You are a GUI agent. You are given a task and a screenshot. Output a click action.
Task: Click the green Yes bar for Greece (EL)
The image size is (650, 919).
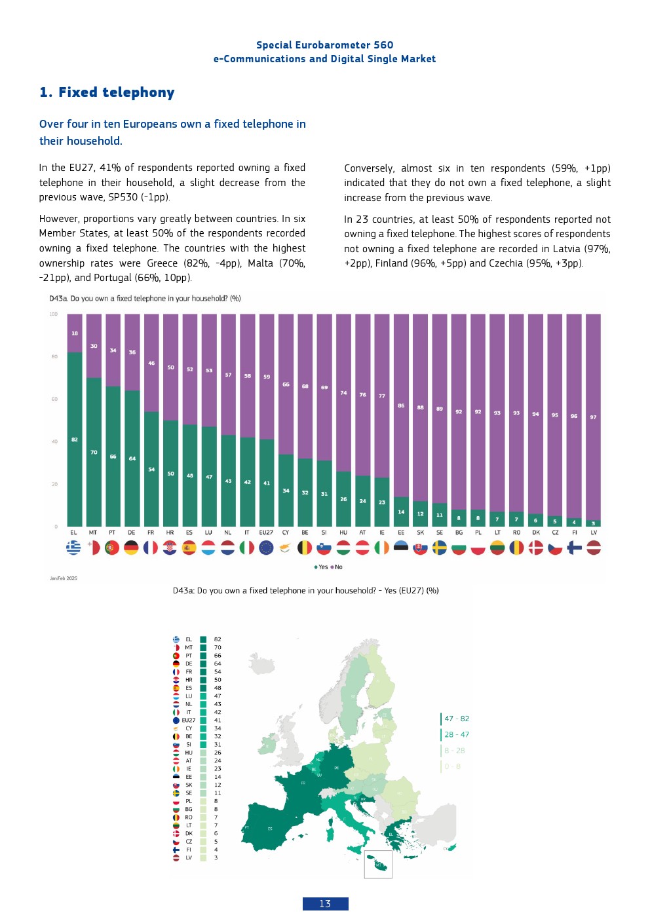coord(75,439)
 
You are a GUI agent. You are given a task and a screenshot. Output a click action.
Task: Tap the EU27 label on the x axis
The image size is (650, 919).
coord(266,533)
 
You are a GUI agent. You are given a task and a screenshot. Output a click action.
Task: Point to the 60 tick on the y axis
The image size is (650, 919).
coord(54,399)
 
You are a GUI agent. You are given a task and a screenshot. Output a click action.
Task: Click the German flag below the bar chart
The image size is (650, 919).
coord(132,548)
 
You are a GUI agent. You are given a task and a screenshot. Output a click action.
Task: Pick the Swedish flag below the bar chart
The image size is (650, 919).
coord(440,548)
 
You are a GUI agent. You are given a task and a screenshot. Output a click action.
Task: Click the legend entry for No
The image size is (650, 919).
coord(337,567)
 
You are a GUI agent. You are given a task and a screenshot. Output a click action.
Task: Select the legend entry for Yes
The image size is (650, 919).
coord(322,567)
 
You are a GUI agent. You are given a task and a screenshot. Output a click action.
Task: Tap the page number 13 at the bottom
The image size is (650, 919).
coord(325,904)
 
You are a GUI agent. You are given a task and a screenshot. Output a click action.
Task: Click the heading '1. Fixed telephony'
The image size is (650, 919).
coord(107,92)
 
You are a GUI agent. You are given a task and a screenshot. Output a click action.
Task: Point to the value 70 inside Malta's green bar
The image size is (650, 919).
coord(94,453)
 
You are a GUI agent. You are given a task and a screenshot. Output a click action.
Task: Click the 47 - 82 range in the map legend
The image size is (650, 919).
coord(457,719)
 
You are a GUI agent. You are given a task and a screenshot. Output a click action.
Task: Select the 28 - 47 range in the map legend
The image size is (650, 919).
coord(457,734)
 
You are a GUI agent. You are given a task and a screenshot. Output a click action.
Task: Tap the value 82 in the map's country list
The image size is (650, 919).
coord(218,639)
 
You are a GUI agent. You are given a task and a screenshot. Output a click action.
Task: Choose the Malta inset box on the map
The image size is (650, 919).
coord(378,865)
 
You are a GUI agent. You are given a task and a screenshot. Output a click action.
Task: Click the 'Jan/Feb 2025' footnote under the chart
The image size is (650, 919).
coord(64,578)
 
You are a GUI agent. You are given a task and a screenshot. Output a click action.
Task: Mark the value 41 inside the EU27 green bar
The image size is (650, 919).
coord(267,483)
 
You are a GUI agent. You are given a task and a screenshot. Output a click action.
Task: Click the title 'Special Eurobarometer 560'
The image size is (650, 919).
coord(324,45)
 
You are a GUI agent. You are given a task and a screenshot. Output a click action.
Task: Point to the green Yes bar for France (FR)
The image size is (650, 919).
coord(151,469)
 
